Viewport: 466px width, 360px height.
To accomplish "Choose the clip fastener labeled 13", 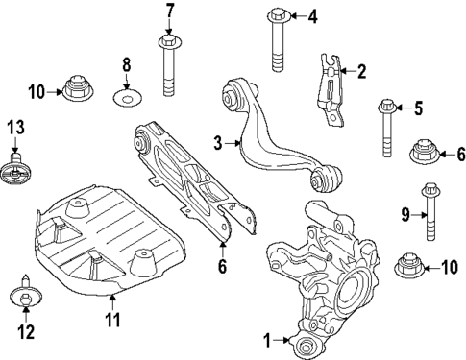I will point(16,169).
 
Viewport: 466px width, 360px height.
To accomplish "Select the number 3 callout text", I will point(217,143).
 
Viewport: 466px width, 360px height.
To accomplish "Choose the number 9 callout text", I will point(405,213).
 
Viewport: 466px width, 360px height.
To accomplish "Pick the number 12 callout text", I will point(24,333).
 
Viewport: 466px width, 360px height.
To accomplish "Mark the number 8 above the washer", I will point(126,65).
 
